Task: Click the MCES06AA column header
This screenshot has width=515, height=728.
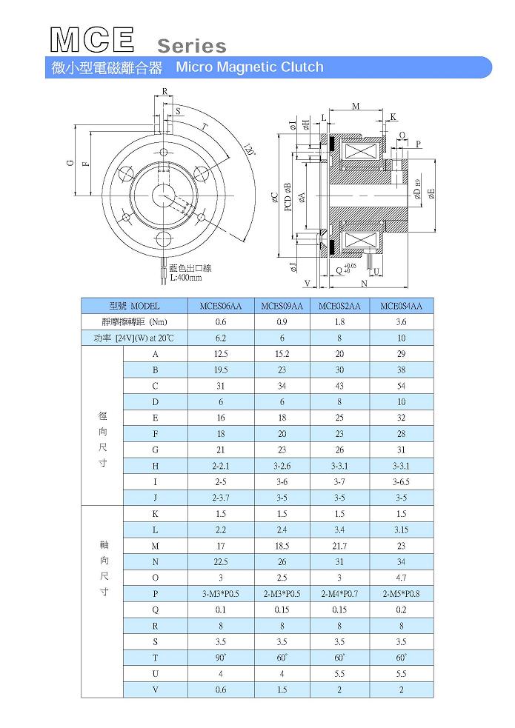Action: coord(221,306)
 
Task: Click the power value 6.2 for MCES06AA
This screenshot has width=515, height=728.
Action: coord(221,338)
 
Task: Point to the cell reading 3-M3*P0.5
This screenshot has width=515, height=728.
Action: coord(221,594)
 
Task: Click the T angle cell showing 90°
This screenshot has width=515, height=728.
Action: coord(221,658)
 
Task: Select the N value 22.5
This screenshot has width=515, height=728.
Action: coord(221,561)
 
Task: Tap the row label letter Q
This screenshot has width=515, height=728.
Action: coord(156,610)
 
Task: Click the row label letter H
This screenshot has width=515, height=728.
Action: coord(156,466)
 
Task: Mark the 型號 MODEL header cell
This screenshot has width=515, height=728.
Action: coord(134,306)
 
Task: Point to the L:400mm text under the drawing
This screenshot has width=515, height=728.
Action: coord(185,278)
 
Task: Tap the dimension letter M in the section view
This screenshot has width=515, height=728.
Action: coord(356,107)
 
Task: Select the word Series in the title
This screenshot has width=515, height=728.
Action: coord(192,46)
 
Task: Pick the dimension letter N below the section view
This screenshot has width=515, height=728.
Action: coord(364,284)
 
